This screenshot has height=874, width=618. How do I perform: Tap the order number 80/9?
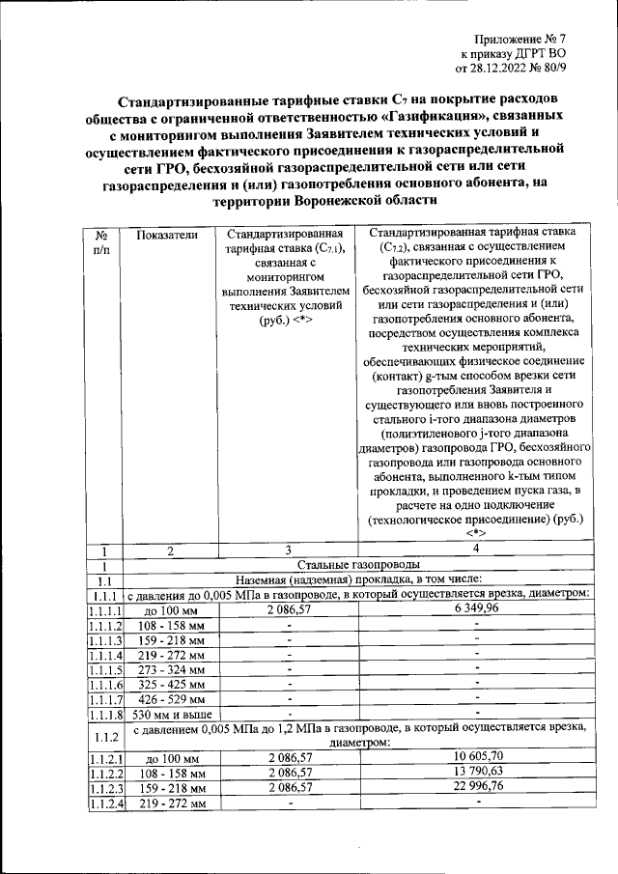click(x=560, y=69)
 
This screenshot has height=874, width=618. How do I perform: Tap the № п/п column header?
click(x=101, y=242)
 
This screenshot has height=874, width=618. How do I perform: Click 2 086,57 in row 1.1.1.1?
click(x=288, y=609)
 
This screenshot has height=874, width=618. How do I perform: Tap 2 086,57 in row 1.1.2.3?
click(x=288, y=787)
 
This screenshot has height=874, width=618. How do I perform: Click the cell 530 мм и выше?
click(x=172, y=715)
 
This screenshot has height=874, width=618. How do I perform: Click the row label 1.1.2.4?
click(x=105, y=804)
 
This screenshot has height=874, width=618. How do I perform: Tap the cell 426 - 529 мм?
click(x=172, y=699)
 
